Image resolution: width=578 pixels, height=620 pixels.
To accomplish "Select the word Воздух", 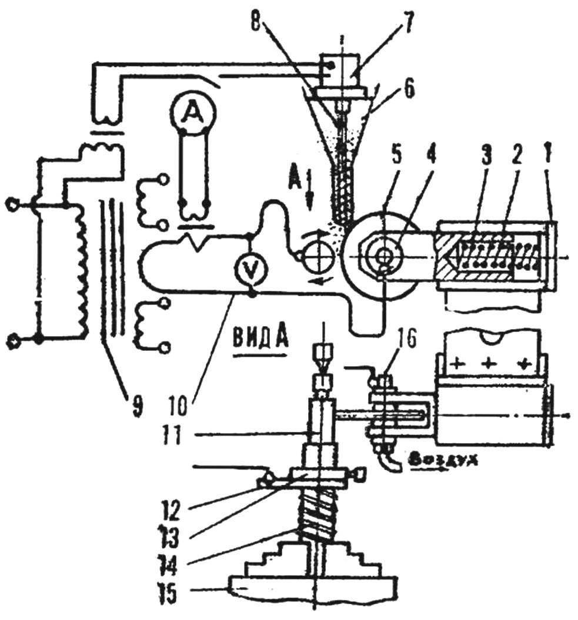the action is pyautogui.click(x=443, y=461).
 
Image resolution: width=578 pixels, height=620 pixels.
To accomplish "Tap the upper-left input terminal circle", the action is pyautogui.click(x=12, y=206).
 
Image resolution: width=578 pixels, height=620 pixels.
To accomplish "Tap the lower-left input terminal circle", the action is pyautogui.click(x=12, y=340).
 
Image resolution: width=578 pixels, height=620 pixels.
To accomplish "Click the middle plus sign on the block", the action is pyautogui.click(x=489, y=363).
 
